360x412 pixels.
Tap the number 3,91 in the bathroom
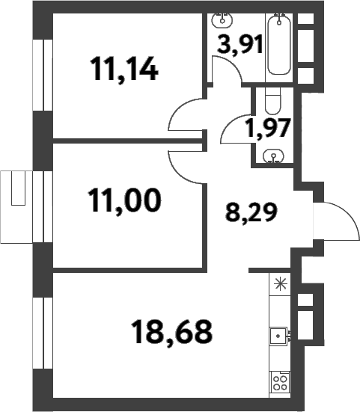pos(240,46)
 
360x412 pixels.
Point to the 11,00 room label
pos(124,200)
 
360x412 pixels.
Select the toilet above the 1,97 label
pos(274,100)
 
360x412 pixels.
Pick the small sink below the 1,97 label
pos(274,156)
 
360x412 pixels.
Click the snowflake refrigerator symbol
pos(281,283)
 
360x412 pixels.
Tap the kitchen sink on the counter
pos(280,336)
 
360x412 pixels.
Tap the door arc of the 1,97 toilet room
pos(236,129)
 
